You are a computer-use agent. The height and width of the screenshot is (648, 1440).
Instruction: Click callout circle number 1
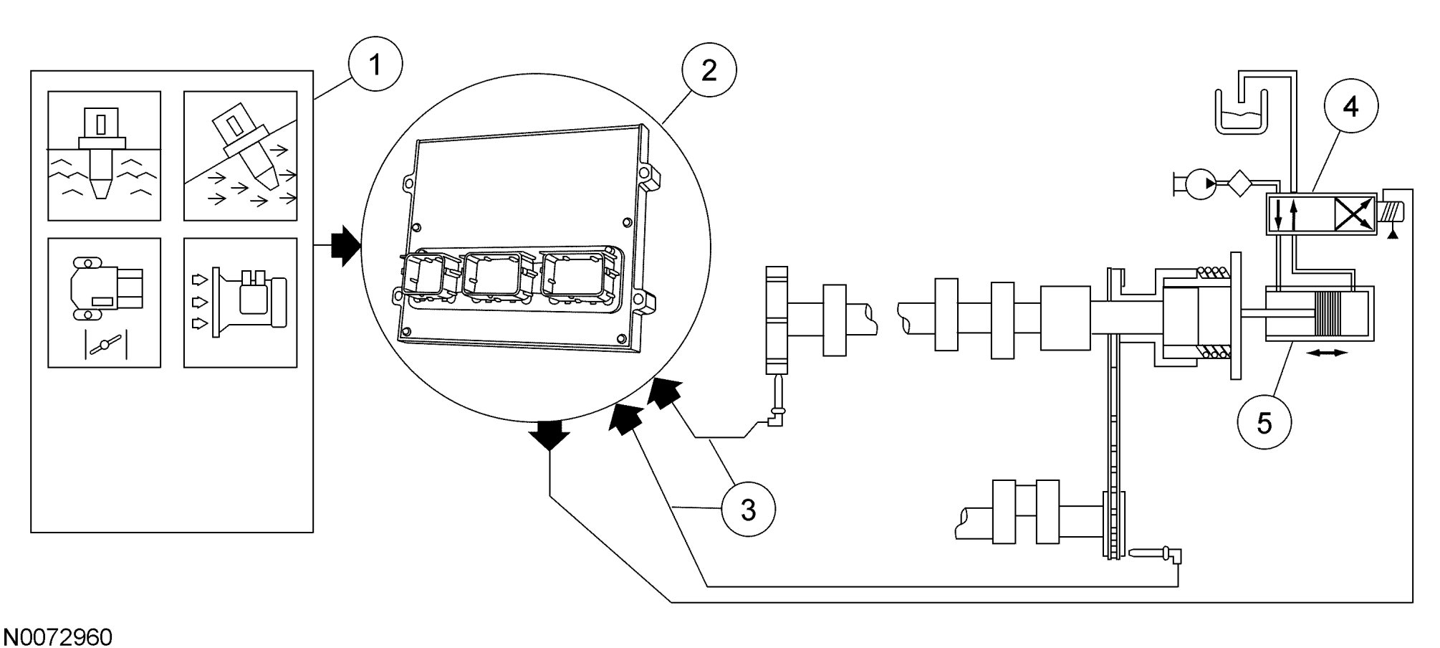point(375,67)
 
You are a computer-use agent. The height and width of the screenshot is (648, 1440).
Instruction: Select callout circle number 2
point(709,70)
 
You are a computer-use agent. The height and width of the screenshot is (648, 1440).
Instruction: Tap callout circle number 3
point(748,510)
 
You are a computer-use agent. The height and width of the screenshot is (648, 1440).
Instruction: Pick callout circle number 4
point(1350,107)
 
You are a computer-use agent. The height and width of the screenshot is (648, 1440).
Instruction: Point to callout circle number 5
point(1264,423)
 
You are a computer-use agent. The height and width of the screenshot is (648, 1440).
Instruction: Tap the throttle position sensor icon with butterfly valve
point(105,302)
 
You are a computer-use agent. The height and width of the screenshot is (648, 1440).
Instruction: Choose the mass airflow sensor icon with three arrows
point(240,302)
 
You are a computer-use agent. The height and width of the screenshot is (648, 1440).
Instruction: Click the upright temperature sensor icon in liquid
point(105,156)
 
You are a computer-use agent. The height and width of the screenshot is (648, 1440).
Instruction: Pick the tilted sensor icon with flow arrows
point(240,156)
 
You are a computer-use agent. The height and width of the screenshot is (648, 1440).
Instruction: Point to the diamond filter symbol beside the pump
point(1240,184)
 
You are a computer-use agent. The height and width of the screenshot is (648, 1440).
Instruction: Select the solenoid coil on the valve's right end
point(1391,212)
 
